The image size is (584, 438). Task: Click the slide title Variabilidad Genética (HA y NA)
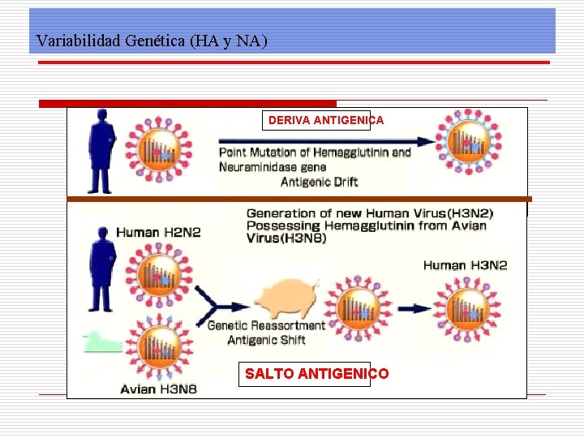pos(152,41)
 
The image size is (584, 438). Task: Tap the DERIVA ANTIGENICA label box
pos(325,120)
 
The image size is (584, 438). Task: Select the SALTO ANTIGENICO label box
pos(316,374)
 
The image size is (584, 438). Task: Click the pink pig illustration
pos(284,299)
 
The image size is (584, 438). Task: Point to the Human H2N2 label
pos(158,232)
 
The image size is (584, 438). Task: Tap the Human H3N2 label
pos(465,265)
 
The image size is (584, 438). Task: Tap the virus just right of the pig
pos(358,309)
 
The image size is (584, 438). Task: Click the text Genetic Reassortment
pos(266,325)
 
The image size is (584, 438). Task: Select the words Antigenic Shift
pos(266,340)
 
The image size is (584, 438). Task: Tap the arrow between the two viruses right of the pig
pos(414,309)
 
